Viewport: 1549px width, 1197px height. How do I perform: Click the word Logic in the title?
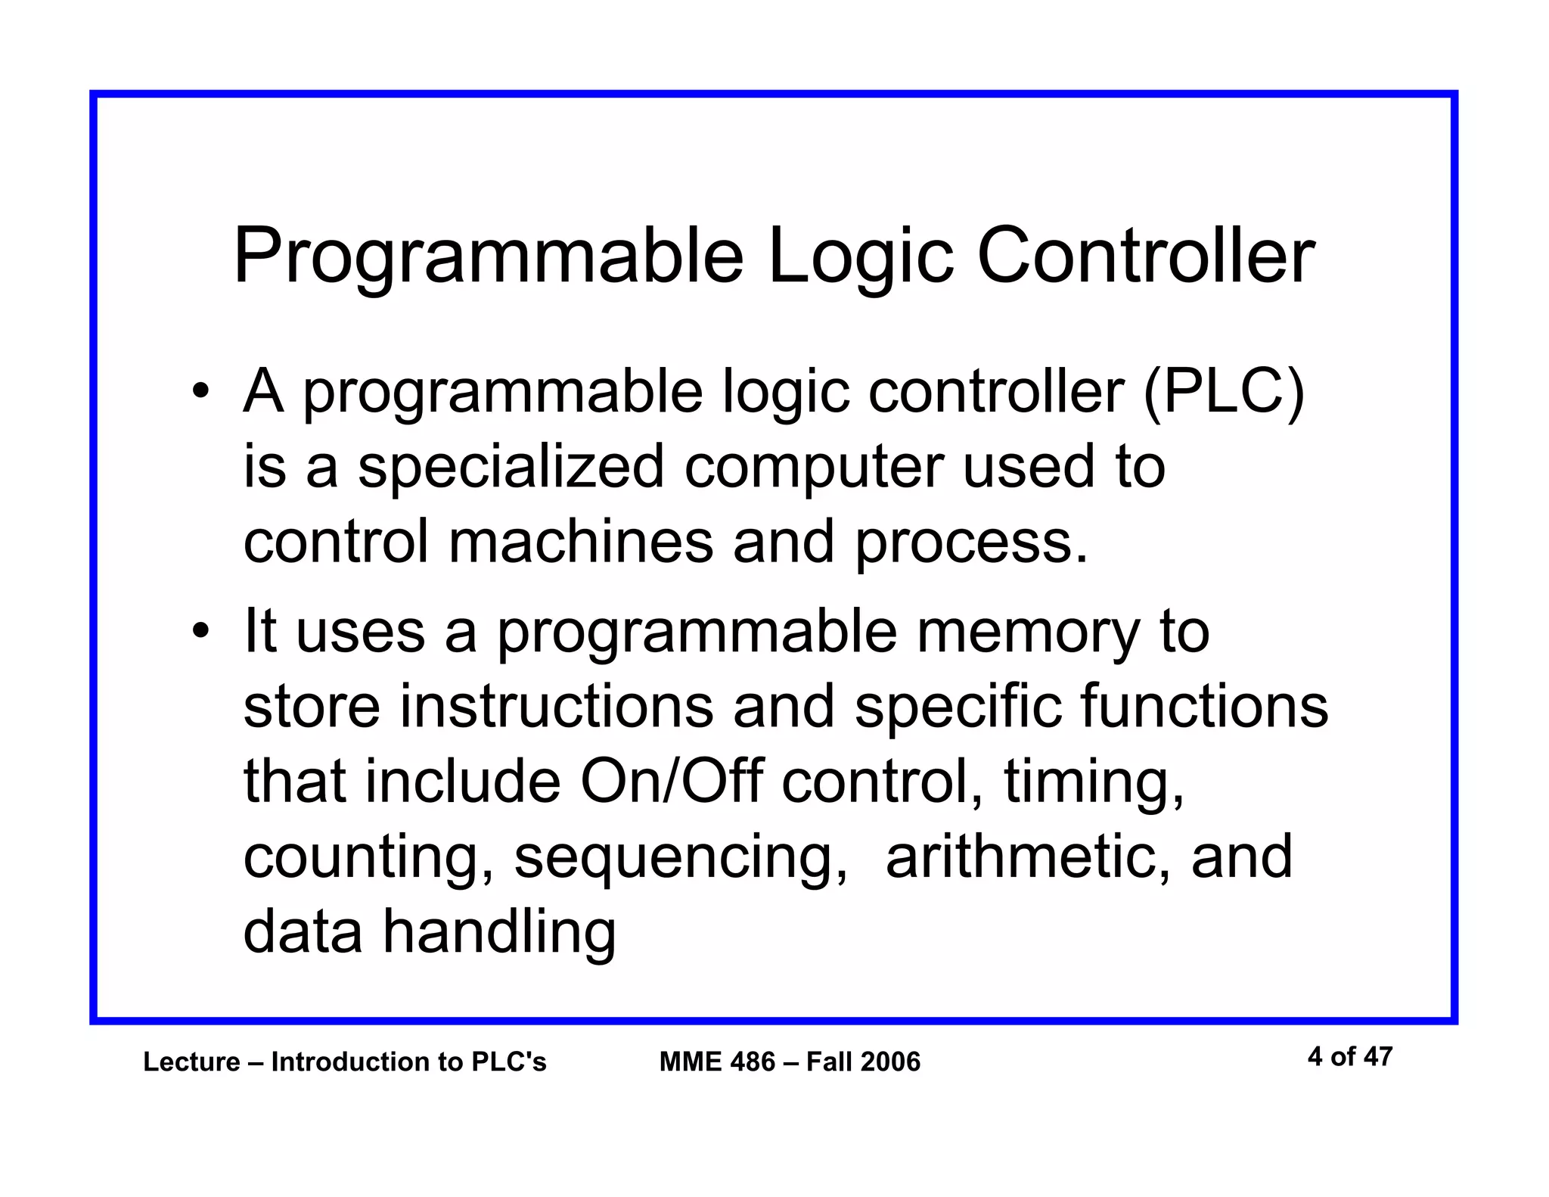pos(860,257)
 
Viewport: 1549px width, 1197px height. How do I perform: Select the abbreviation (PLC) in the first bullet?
pos(1224,391)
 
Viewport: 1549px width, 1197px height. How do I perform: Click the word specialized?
pos(511,467)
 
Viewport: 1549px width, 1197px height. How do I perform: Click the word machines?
pos(581,541)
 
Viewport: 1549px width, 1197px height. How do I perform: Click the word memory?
pos(1028,633)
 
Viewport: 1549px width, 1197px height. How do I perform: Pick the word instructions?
pos(557,706)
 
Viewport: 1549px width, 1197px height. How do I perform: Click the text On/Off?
pos(671,781)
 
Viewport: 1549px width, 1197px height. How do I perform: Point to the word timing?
pos(1093,782)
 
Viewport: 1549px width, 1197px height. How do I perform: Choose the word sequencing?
pos(681,858)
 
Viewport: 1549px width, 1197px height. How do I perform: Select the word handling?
pos(499,932)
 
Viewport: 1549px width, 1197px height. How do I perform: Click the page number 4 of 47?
pos(1349,1056)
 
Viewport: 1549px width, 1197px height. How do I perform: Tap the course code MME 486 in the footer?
pos(717,1062)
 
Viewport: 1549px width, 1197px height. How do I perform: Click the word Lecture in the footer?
pos(191,1062)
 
